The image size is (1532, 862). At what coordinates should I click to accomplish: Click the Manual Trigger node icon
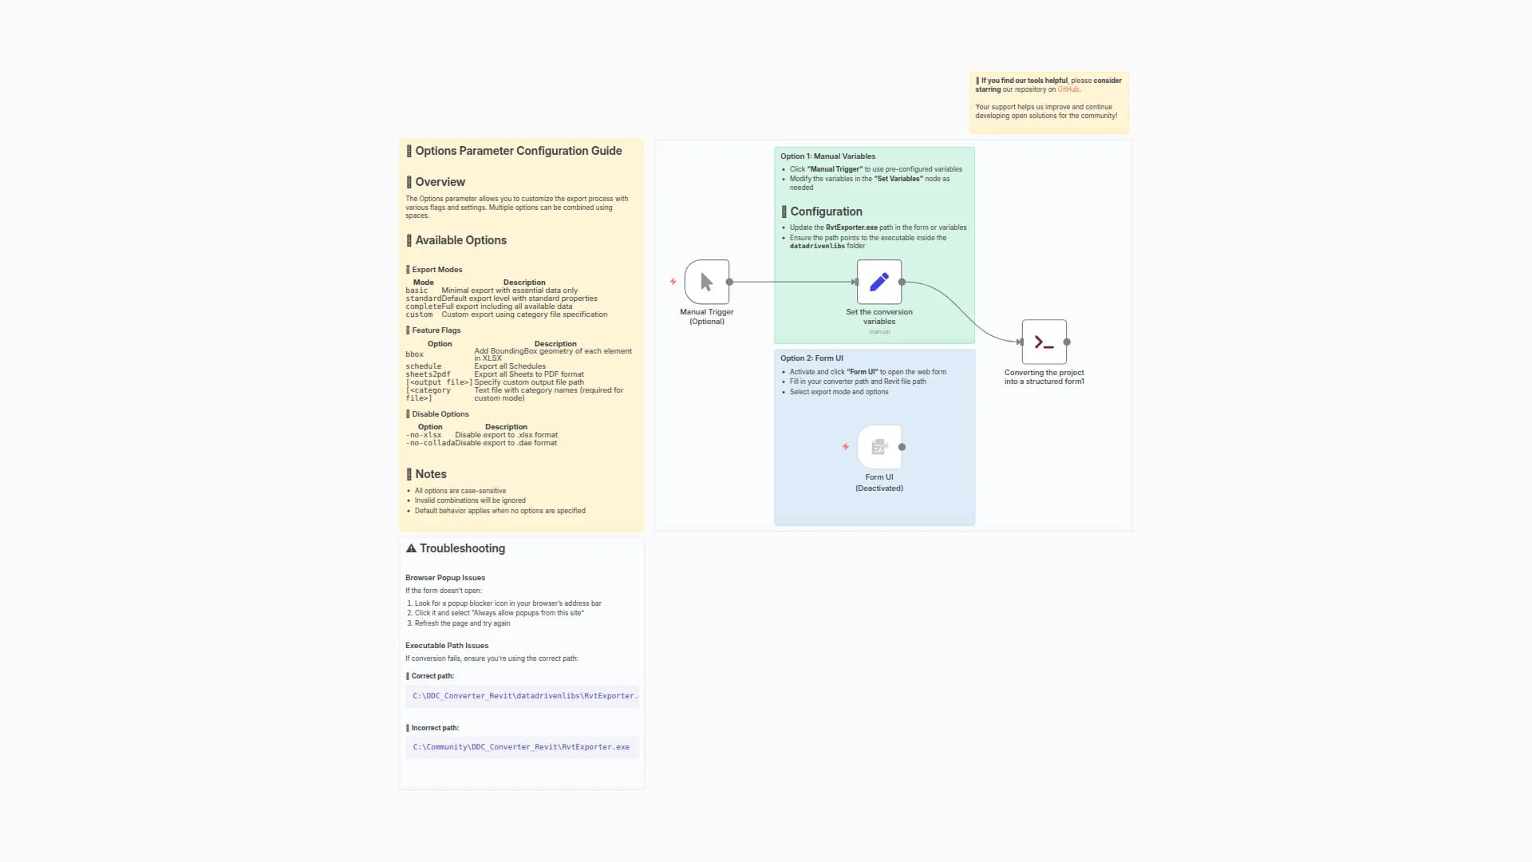coord(706,282)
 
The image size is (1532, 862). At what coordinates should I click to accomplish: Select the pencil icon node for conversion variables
coord(879,282)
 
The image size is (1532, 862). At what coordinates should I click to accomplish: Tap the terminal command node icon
coord(1044,342)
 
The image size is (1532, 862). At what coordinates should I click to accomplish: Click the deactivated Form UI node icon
coord(879,447)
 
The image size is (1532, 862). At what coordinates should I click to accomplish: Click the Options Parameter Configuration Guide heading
coord(518,151)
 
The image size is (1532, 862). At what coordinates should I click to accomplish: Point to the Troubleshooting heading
coord(461,548)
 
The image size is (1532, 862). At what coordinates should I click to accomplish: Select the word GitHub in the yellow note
coord(1068,89)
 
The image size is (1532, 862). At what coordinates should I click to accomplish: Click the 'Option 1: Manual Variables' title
coord(827,156)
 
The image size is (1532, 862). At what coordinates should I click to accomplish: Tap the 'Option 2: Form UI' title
coord(811,358)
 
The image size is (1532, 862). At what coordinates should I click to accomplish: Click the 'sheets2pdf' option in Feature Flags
coord(428,374)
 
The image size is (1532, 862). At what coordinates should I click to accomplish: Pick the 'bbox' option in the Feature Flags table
coord(414,354)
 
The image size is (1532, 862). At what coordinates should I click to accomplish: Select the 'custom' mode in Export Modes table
coord(419,314)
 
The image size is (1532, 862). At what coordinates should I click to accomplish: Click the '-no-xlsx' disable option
coord(424,435)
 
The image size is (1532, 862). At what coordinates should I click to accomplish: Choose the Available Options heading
coord(460,240)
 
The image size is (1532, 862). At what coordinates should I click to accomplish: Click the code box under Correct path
coord(522,696)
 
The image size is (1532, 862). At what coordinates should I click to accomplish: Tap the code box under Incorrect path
coord(522,747)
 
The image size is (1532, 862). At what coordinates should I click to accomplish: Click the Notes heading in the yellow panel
coord(430,474)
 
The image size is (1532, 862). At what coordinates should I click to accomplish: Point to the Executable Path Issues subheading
coord(446,646)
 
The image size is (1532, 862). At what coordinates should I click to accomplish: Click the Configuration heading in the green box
coord(826,212)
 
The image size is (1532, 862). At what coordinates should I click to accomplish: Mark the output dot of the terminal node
coord(1067,342)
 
